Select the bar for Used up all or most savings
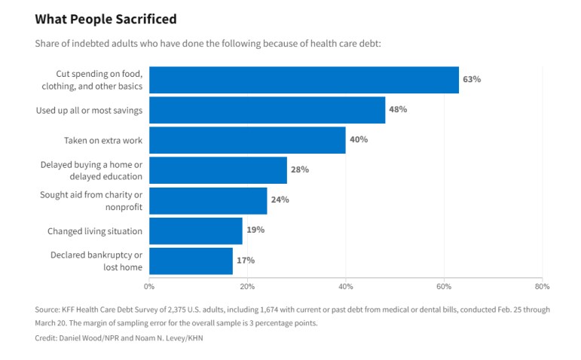pos(267,110)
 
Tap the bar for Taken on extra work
pos(247,140)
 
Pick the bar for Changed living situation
pos(196,230)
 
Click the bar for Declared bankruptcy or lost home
pos(191,261)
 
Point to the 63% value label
pos(472,79)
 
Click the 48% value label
pos(398,109)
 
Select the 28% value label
pos(300,169)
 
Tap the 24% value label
pos(280,200)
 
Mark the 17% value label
pos(246,260)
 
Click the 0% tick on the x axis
pos(149,286)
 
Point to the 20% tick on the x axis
pos(247,286)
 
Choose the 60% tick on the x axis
pos(444,286)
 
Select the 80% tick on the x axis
pos(542,286)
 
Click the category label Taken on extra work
pos(103,140)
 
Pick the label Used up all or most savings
pos(90,111)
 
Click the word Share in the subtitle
pos(47,43)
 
